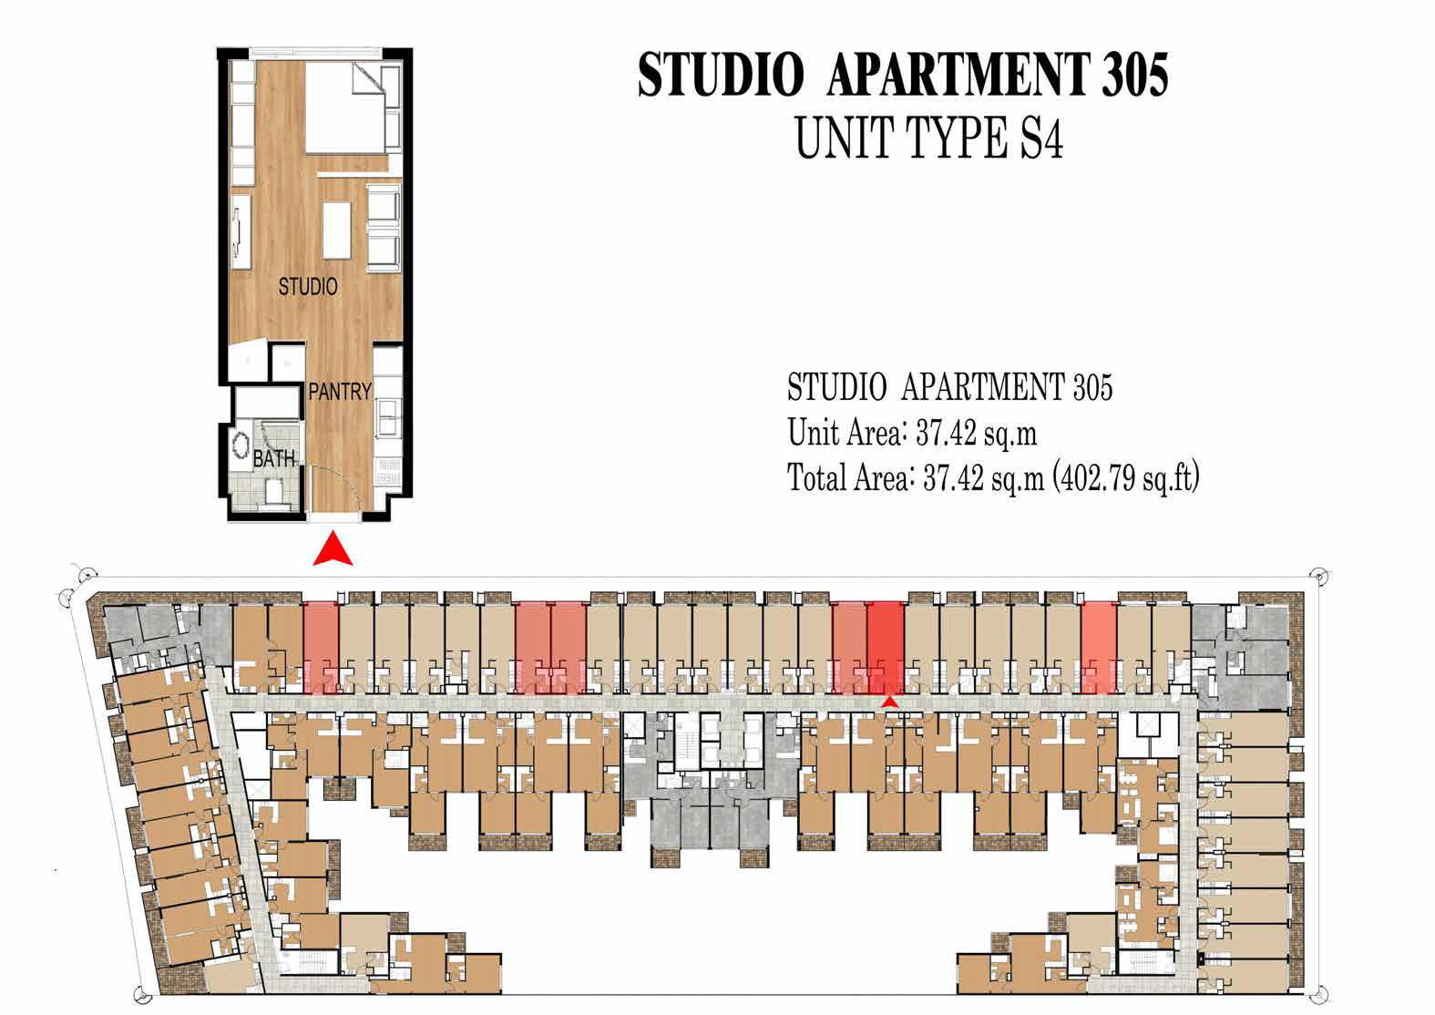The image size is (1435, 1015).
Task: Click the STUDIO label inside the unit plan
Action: (308, 287)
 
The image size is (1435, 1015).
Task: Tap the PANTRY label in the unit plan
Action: (339, 392)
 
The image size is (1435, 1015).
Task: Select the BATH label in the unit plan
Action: (273, 458)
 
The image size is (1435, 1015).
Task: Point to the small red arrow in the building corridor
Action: (890, 701)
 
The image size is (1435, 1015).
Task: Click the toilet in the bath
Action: (271, 493)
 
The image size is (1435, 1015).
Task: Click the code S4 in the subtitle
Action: (1040, 140)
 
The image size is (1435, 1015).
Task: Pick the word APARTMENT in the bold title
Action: (957, 75)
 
